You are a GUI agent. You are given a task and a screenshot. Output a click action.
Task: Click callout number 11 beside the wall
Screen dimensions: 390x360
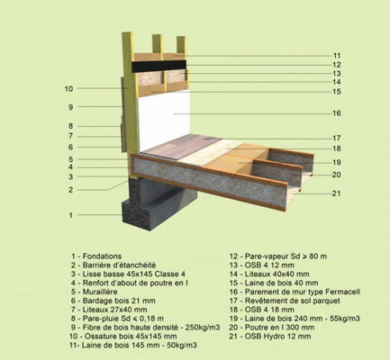point(337,56)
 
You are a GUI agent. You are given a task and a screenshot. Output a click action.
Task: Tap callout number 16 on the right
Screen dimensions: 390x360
point(337,113)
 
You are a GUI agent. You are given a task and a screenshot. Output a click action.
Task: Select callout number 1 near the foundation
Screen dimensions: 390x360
point(71,215)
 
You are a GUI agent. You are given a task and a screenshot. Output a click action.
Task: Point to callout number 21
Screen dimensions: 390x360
point(337,193)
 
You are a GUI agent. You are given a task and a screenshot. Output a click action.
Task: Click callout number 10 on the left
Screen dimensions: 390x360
point(68,88)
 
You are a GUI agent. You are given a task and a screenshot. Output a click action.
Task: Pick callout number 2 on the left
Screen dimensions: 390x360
point(70,190)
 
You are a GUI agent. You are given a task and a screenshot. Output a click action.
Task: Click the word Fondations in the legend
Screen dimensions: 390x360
point(102,256)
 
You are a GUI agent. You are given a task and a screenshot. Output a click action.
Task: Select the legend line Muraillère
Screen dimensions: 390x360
point(94,292)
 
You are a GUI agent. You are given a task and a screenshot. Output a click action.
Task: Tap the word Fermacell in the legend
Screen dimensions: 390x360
point(343,292)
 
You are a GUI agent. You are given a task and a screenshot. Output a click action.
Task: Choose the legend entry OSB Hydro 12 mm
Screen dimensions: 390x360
point(270,337)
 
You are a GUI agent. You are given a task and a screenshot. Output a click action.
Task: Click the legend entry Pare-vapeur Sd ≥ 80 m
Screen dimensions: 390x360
point(278,256)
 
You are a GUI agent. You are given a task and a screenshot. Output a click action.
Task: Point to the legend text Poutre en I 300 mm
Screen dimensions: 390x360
point(272,328)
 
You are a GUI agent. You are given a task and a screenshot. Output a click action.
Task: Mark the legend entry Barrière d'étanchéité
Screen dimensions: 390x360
point(113,265)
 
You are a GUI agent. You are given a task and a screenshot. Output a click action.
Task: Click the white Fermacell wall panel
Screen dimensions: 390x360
point(165,120)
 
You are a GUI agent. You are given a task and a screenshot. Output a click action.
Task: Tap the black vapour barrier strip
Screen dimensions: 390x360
point(159,66)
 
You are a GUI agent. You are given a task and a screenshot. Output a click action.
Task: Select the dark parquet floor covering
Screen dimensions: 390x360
point(181,146)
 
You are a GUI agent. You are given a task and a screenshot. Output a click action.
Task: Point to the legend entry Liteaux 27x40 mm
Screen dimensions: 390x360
point(109,310)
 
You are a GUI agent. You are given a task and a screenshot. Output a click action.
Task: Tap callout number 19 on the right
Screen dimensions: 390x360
point(337,163)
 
